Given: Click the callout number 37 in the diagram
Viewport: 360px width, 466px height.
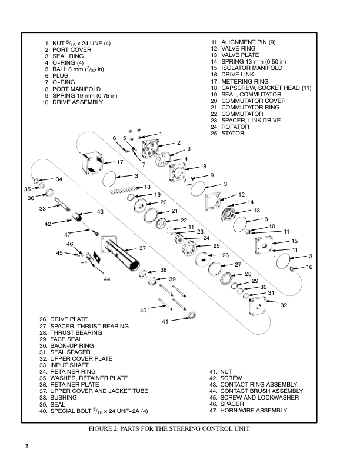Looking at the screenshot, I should [x=142, y=248].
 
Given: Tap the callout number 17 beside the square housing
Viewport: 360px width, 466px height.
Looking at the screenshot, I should [x=119, y=162].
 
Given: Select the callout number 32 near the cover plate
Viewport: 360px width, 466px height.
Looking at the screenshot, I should [x=284, y=305].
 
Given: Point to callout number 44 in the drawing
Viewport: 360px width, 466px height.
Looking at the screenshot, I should [x=107, y=279].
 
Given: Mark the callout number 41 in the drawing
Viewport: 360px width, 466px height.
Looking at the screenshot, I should [x=165, y=321].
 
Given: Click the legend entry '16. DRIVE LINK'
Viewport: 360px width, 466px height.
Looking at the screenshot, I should [x=233, y=75].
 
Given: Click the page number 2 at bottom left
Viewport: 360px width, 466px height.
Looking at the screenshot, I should [x=26, y=445].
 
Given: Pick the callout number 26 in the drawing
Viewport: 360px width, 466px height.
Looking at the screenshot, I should [x=225, y=255].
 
